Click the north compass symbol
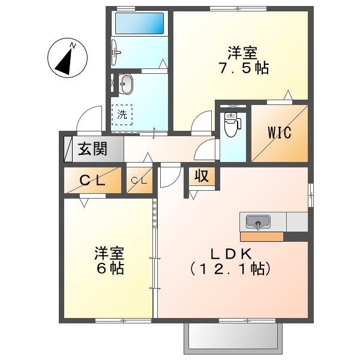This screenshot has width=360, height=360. click(68, 58)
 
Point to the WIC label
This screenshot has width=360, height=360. click(279, 133)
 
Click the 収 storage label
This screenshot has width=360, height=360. click(201, 176)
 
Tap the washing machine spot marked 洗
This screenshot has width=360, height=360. click(122, 114)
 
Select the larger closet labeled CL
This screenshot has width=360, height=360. click(92, 179)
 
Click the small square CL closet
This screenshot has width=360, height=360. click(139, 180)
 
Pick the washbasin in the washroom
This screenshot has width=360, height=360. click(125, 84)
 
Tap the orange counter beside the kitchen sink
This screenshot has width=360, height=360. click(262, 236)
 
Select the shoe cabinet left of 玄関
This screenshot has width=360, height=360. click(67, 149)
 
